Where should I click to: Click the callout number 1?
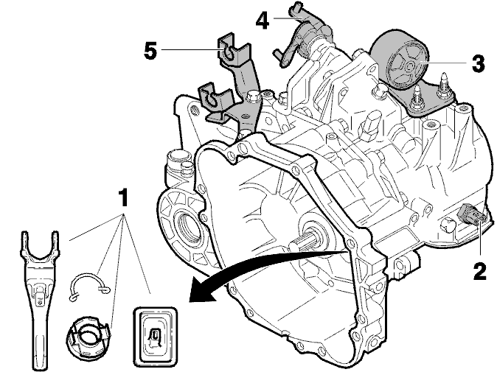click(x=123, y=197)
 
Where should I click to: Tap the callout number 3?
click(x=478, y=63)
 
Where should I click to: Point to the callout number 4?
click(x=263, y=21)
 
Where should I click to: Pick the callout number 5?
click(x=150, y=51)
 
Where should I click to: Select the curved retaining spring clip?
click(x=89, y=287)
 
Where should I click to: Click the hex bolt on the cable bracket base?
click(x=253, y=96)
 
